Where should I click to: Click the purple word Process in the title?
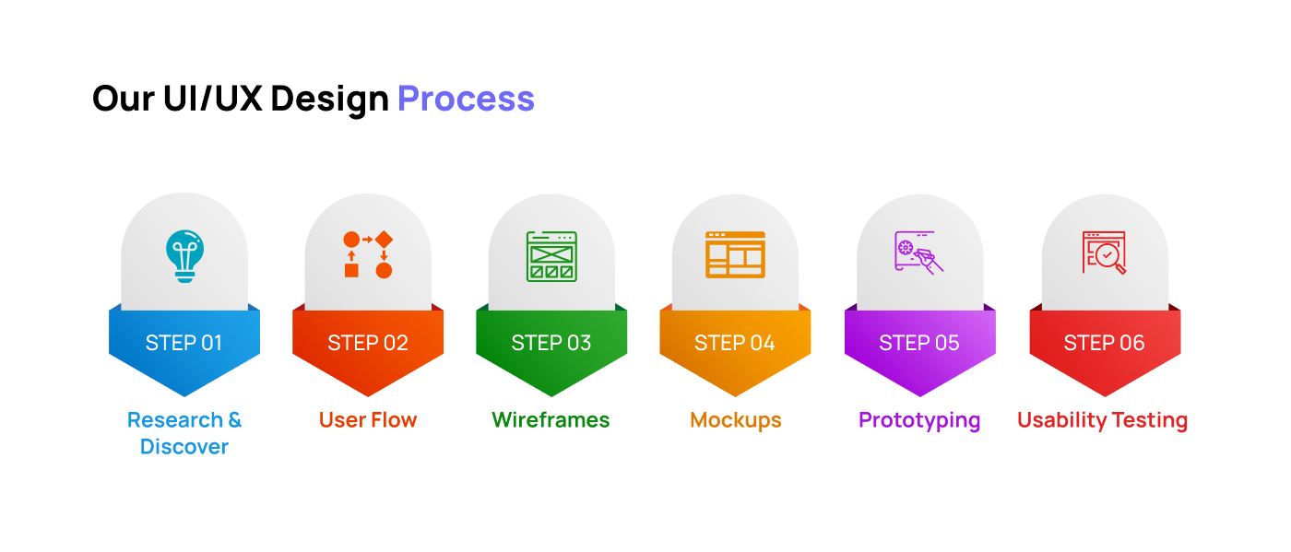point(466,99)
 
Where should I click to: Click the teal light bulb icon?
point(184,256)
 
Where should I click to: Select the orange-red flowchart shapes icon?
point(368,254)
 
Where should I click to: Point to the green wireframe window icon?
point(551,256)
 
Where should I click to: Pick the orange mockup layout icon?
point(736,254)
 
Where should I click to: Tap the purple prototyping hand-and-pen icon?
point(918,253)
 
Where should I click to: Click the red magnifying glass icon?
point(1104,253)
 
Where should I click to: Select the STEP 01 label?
point(184,343)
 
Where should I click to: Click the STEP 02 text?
point(368,343)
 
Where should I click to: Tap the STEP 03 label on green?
point(551,343)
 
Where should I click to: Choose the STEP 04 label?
point(734,343)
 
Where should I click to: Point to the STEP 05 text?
point(919,343)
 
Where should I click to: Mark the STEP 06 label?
point(1105,343)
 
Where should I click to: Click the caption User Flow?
point(368,420)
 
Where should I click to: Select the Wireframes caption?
point(551,420)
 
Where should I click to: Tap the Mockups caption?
point(736,421)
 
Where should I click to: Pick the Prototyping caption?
point(919,421)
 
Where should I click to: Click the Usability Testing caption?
point(1103,421)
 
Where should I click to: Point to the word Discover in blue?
point(184,447)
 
